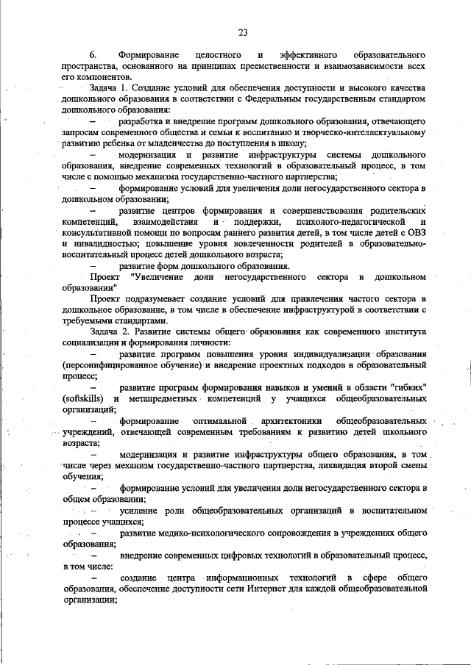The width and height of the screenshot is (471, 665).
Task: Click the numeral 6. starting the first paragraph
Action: coord(93,56)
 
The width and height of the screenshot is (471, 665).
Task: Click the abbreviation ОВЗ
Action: coord(418,231)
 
